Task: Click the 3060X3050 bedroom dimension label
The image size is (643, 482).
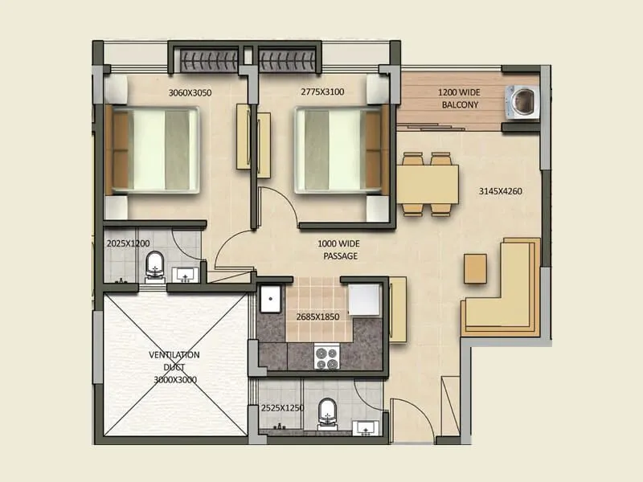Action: coord(190,92)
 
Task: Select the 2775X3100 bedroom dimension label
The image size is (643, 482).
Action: coord(321,92)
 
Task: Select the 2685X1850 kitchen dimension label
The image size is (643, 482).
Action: coord(317,317)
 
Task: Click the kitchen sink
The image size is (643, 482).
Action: coord(272,301)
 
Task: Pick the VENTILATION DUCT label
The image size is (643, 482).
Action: coord(174,366)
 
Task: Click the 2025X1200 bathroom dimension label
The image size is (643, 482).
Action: coord(128,243)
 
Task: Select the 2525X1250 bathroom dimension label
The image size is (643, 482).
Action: coord(282,409)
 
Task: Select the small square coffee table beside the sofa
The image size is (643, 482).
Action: coord(474,268)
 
